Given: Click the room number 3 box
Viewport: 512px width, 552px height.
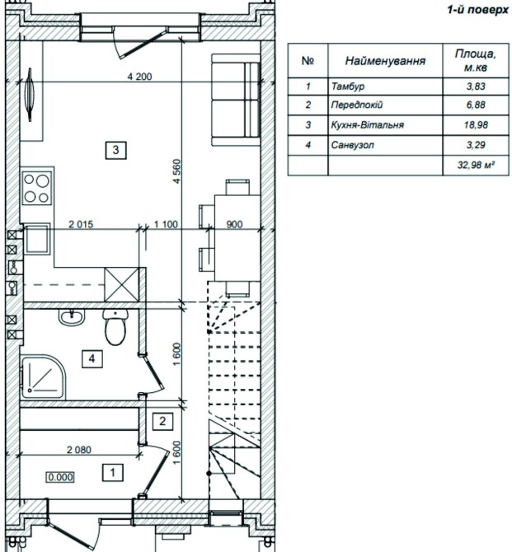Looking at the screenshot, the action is tap(116, 150).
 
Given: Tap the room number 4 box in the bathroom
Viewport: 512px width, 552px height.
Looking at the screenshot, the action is tap(92, 358).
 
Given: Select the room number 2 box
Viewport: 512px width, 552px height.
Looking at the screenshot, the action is tap(162, 421).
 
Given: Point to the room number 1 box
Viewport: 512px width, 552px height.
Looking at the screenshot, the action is tap(113, 472).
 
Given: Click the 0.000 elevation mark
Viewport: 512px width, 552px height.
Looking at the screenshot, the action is tap(61, 477).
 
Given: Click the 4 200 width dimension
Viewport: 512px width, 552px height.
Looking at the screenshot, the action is tap(139, 77).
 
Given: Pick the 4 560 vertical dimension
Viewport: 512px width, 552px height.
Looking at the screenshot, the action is tap(177, 171).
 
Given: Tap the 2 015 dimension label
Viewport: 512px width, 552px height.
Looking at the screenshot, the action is tap(81, 224).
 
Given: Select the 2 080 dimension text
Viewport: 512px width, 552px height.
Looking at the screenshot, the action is tap(79, 450).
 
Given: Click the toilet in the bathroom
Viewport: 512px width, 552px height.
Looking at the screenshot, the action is tap(115, 327).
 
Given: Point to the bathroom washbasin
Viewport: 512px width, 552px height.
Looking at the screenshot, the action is tap(72, 316).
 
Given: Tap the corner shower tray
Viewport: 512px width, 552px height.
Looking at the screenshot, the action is tap(43, 377).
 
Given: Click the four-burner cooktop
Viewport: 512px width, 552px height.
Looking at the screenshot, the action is tap(36, 188).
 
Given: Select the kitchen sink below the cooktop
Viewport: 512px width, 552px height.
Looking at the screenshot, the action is tap(36, 239).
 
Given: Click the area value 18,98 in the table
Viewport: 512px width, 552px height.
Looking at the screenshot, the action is tap(476, 125).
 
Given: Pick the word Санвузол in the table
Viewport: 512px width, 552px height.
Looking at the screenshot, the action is tap(353, 145).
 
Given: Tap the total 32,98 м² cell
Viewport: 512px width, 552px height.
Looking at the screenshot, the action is tap(476, 165).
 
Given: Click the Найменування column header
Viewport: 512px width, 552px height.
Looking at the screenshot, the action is tap(385, 61).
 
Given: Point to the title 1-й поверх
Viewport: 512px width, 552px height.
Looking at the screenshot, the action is tap(479, 10).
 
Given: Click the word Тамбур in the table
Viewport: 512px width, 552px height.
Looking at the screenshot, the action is tap(348, 87).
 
